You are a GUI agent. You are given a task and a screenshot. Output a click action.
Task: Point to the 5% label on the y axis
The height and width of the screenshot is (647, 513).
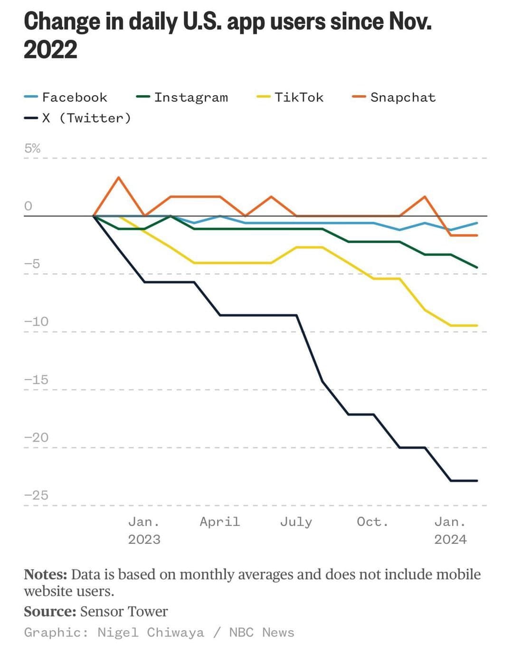tap(32, 148)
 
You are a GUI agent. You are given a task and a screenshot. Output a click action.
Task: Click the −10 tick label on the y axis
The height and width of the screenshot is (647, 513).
tap(36, 322)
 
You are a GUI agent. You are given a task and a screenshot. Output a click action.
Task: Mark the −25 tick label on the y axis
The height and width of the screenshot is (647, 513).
tap(36, 495)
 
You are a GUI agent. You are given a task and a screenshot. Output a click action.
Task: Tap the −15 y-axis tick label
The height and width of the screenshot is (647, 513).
tap(36, 380)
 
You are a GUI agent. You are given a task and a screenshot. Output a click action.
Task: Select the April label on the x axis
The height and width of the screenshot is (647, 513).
tap(220, 522)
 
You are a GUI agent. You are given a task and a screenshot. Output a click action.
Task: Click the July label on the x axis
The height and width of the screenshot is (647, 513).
tap(296, 522)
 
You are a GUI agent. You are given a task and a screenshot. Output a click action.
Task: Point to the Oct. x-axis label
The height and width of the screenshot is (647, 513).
tap(373, 522)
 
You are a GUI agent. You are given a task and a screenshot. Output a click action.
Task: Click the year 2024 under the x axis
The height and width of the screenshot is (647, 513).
tap(450, 539)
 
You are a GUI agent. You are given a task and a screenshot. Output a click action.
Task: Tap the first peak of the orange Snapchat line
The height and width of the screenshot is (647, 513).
tap(118, 177)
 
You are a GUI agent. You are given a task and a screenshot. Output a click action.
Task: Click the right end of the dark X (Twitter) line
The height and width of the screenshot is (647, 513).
tap(477, 480)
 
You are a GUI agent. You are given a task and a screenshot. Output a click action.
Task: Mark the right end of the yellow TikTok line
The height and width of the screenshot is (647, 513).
tap(477, 325)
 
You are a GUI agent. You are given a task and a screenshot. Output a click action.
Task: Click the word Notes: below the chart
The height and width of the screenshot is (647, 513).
tap(46, 575)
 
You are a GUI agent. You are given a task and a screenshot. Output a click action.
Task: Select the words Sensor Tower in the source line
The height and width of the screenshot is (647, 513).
tap(123, 611)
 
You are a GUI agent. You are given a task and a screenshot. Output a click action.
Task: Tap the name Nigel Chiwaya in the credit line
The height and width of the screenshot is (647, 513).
tap(151, 632)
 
